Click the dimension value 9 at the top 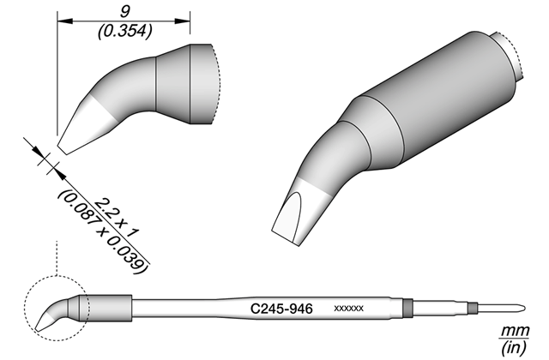(x=124, y=12)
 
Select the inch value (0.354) (x=125, y=31)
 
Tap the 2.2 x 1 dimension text (x=117, y=218)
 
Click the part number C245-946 (x=281, y=309)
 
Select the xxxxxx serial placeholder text (x=349, y=309)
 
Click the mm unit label (x=516, y=330)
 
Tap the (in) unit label (x=514, y=347)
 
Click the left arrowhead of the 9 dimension (x=65, y=21)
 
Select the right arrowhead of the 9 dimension (x=182, y=21)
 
